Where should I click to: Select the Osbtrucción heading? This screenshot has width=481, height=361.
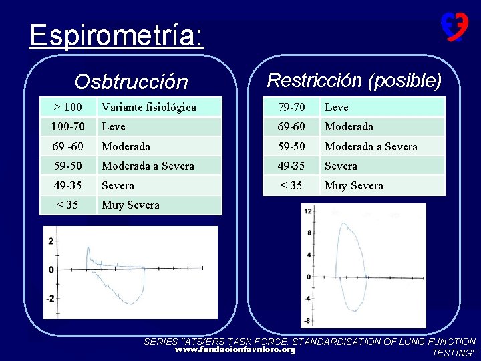pyautogui.click(x=132, y=82)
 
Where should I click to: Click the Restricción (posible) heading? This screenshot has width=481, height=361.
pyautogui.click(x=354, y=80)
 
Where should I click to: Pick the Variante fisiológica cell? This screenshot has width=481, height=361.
pyautogui.click(x=149, y=107)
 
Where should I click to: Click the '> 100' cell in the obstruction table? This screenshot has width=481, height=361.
pyautogui.click(x=67, y=107)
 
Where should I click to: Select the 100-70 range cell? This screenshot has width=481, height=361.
pyautogui.click(x=67, y=126)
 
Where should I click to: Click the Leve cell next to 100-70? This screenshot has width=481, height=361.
pyautogui.click(x=114, y=126)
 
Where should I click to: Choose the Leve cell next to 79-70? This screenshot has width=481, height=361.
pyautogui.click(x=337, y=107)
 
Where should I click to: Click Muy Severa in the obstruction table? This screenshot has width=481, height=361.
pyautogui.click(x=130, y=205)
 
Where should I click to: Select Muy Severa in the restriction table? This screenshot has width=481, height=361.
pyautogui.click(x=354, y=185)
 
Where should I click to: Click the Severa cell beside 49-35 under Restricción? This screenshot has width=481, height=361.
pyautogui.click(x=341, y=166)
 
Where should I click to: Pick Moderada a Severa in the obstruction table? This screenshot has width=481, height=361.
pyautogui.click(x=148, y=166)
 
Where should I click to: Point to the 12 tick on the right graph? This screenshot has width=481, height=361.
pyautogui.click(x=307, y=211)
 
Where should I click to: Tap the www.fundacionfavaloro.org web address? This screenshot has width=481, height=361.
pyautogui.click(x=235, y=350)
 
